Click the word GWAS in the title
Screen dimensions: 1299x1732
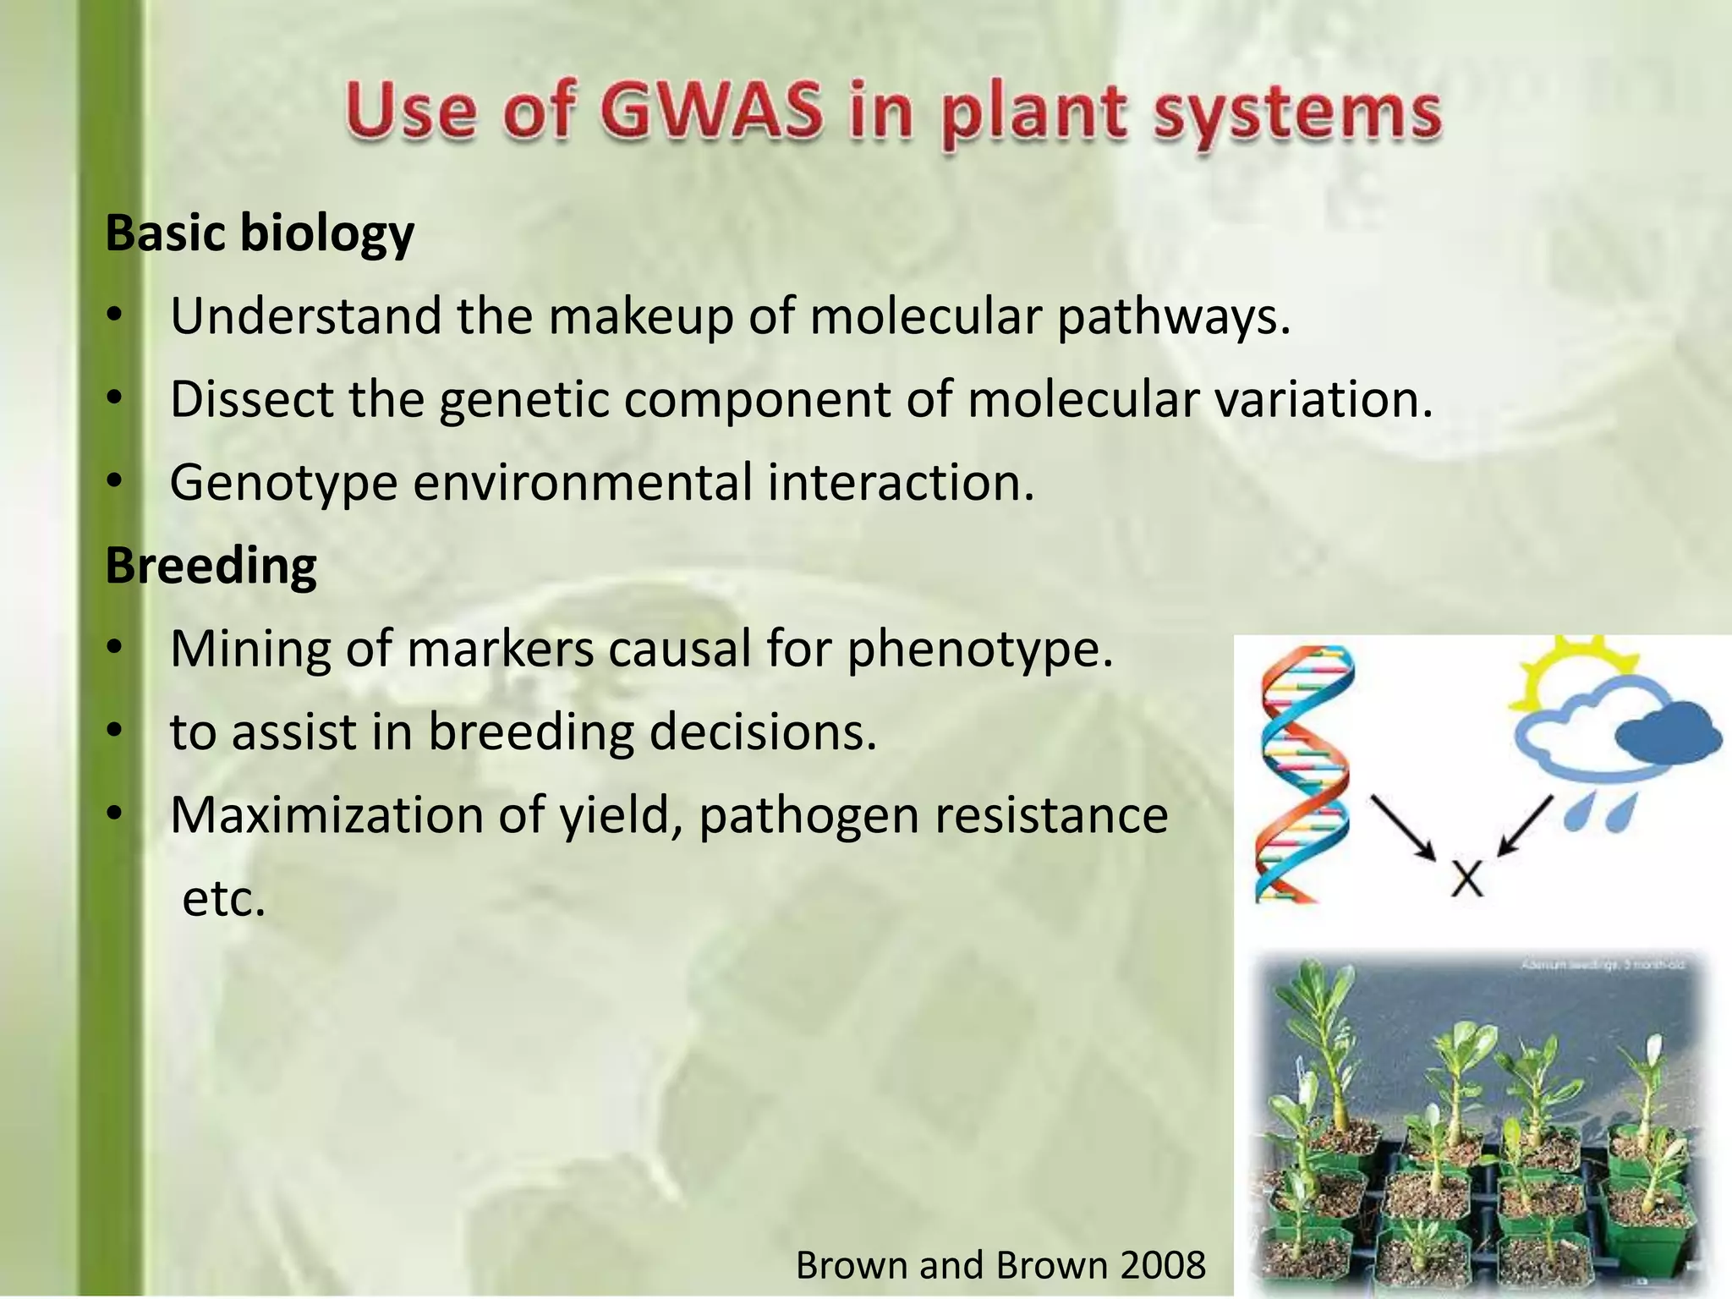click(710, 114)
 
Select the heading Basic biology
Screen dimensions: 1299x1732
click(260, 234)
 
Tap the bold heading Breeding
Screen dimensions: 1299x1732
click(211, 567)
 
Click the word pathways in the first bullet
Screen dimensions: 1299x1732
click(1174, 317)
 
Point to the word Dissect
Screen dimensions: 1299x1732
click(251, 399)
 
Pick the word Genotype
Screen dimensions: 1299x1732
click(283, 484)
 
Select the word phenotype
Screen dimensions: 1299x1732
click(980, 649)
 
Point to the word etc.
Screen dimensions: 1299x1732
click(224, 899)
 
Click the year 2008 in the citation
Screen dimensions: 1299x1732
click(1162, 1266)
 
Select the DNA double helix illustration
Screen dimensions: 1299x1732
click(1303, 774)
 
